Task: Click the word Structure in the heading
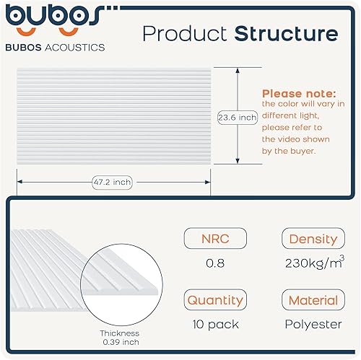[286, 33]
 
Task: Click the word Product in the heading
[185, 33]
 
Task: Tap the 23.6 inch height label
[238, 118]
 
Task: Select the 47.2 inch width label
[112, 183]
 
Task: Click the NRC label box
[215, 238]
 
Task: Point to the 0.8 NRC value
[215, 263]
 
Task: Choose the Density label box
[313, 238]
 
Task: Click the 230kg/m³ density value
[315, 262]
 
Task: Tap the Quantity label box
[215, 299]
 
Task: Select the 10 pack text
[215, 325]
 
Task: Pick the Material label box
[313, 299]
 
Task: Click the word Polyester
[313, 325]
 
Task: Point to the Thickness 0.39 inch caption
[120, 338]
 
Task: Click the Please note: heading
[299, 94]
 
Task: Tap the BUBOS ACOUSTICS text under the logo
[55, 48]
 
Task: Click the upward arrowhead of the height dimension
[238, 70]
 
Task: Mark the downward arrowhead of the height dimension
[238, 161]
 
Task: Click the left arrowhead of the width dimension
[19, 182]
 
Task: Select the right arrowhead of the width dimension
[208, 182]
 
